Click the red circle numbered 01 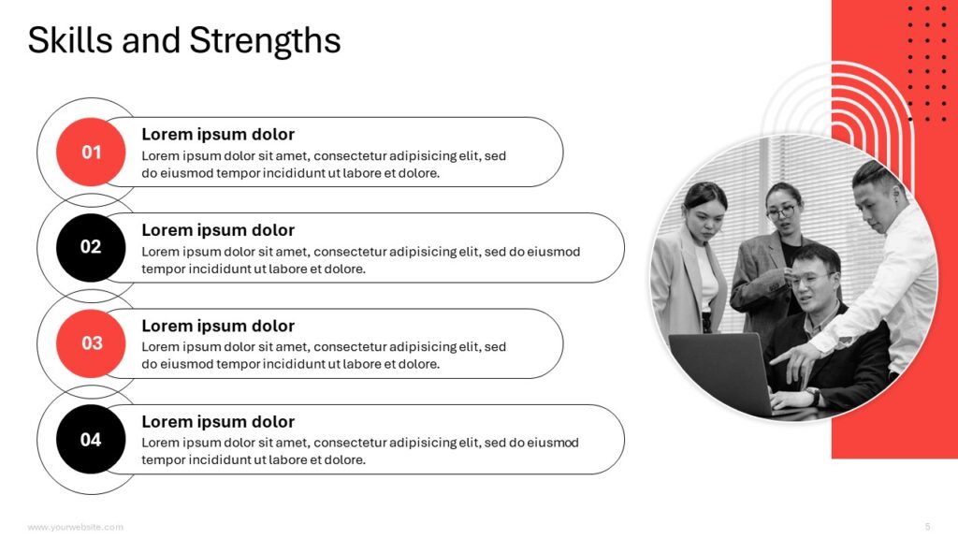click(x=91, y=152)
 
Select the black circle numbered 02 click(x=91, y=247)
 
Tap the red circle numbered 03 click(x=91, y=343)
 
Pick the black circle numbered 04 click(x=91, y=439)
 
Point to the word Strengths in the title click(x=265, y=40)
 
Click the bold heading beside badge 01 click(x=217, y=135)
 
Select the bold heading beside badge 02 click(x=217, y=230)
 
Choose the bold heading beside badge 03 click(x=217, y=327)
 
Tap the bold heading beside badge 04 click(x=217, y=422)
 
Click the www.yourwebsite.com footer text click(x=75, y=527)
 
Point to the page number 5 click(x=927, y=527)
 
